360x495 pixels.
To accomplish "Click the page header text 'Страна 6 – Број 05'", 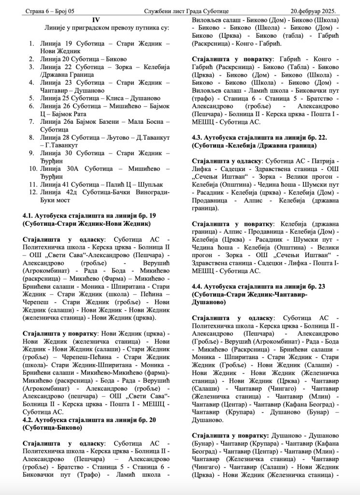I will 48,11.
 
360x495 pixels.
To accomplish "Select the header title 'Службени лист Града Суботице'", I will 186,11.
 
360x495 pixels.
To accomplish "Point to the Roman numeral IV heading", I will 96,20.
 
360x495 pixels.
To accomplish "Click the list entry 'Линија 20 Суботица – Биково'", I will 78,58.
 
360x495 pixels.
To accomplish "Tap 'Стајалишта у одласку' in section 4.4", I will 227,318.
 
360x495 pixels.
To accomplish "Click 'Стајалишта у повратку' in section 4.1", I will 60,334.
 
